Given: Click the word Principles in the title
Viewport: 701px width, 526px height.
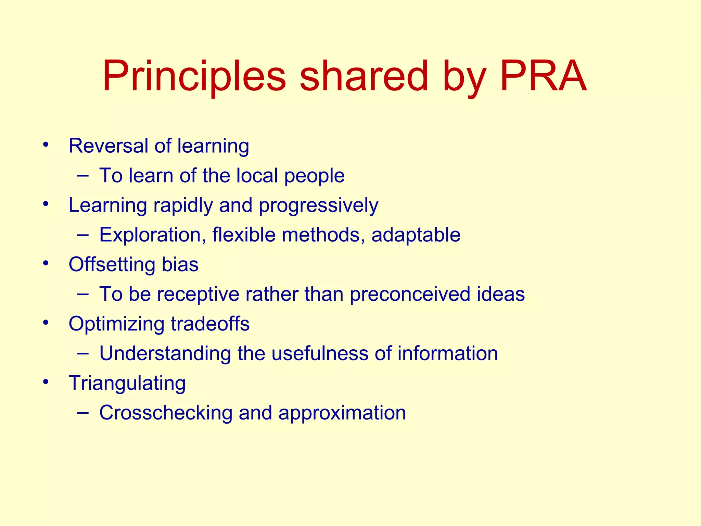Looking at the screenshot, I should tap(194, 77).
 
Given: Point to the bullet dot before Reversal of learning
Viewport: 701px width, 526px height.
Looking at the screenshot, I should tap(46, 144).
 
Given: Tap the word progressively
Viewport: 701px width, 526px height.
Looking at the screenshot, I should tap(318, 205).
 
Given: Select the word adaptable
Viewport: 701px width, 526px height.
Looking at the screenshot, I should tap(416, 235).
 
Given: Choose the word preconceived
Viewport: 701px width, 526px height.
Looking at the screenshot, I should tap(410, 294).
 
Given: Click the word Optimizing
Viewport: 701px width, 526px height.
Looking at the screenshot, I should tap(116, 324).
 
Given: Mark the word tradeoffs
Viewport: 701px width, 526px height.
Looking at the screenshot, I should tap(210, 324).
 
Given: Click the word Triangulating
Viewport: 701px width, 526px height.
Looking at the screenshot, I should tap(127, 383).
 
